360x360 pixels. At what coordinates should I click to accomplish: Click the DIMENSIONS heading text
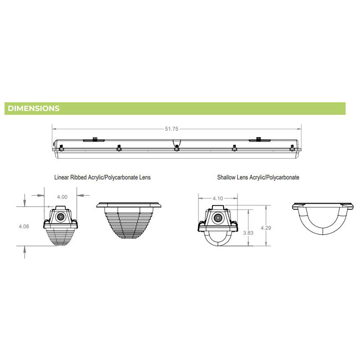pos(34,108)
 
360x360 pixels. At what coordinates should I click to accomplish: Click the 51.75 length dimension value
pos(171,129)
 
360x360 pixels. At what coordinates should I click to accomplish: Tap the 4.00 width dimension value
pos(62,197)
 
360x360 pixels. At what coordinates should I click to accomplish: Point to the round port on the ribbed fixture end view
pos(61,216)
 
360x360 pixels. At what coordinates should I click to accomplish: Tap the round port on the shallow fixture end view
pos(218,218)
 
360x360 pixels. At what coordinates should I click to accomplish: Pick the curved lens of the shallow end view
pos(218,238)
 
